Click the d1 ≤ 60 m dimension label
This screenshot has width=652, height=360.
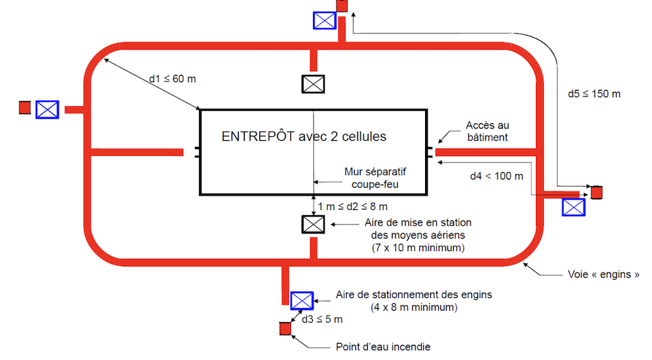[x=172, y=79]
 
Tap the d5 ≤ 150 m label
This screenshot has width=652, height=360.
[x=594, y=94]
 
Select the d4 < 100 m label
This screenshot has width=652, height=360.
[x=496, y=176]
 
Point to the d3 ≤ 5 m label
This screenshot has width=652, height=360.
[x=322, y=320]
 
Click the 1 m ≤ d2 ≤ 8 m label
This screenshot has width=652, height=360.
[x=353, y=207]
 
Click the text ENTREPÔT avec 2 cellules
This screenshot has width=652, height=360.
[x=304, y=136]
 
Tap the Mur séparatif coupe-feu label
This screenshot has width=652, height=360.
[x=375, y=178]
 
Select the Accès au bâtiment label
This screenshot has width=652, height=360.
[x=487, y=131]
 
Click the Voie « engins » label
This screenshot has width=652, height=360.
[x=603, y=275]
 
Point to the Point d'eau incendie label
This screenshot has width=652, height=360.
[x=383, y=347]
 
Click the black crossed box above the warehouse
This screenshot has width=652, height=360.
[x=313, y=84]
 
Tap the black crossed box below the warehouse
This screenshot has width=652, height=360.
[x=313, y=224]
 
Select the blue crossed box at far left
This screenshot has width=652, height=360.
[x=47, y=110]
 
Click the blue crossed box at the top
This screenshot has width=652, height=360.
[x=324, y=20]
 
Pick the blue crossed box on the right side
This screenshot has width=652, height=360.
[x=574, y=207]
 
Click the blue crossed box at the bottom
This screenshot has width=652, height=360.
[x=301, y=301]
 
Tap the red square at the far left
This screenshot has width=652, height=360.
[x=25, y=107]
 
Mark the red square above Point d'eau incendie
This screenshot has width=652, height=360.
[x=286, y=329]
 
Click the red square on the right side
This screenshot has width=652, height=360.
[x=597, y=192]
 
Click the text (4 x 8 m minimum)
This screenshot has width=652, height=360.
[x=414, y=308]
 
